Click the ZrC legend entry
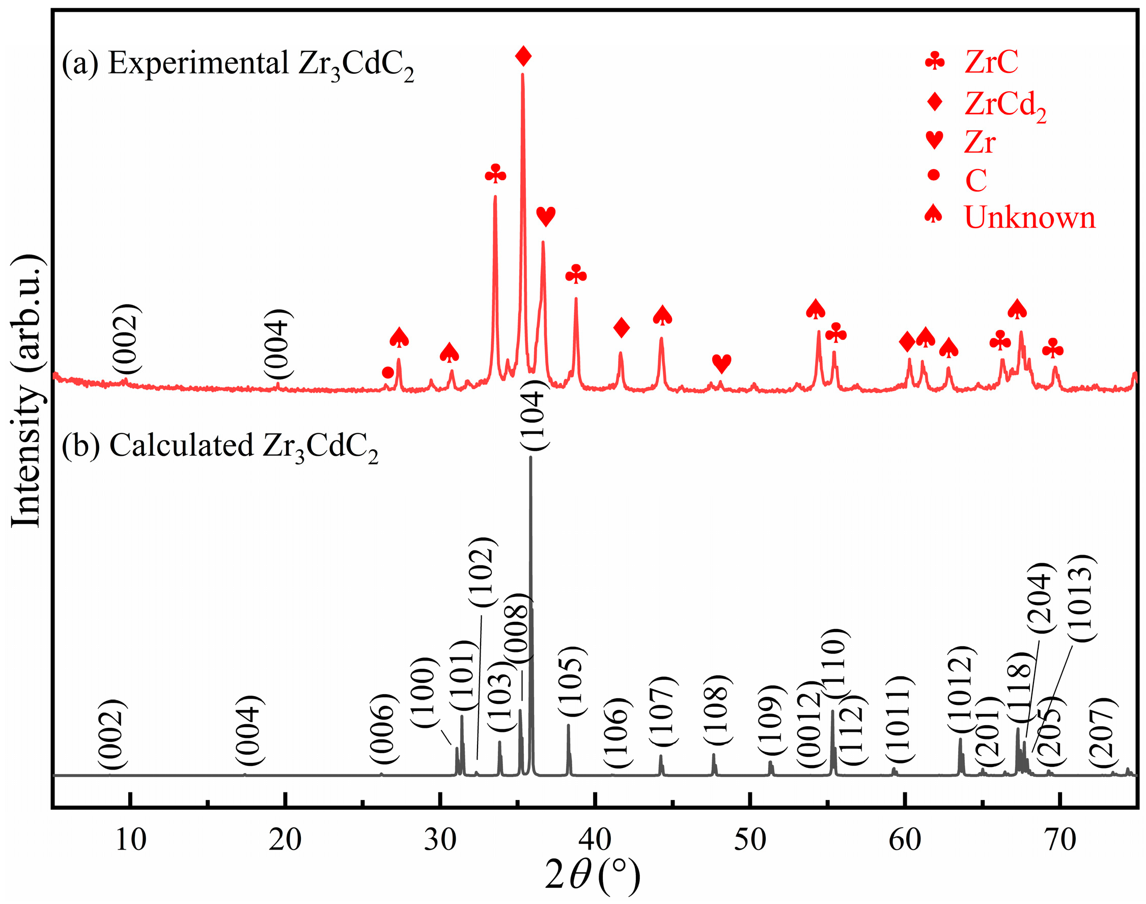click(x=990, y=62)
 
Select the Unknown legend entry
click(x=1028, y=217)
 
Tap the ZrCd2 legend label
click(x=1004, y=104)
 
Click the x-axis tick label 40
click(x=595, y=840)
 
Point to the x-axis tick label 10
click(x=130, y=840)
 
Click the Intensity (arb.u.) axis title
click(x=26, y=392)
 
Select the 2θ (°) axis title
click(x=593, y=875)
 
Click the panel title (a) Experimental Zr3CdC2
click(x=238, y=65)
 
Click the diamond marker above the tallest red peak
click(x=523, y=56)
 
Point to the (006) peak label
click(x=383, y=729)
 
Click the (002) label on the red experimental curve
click(x=126, y=339)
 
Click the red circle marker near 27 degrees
click(x=387, y=373)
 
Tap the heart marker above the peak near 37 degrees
click(x=545, y=216)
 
